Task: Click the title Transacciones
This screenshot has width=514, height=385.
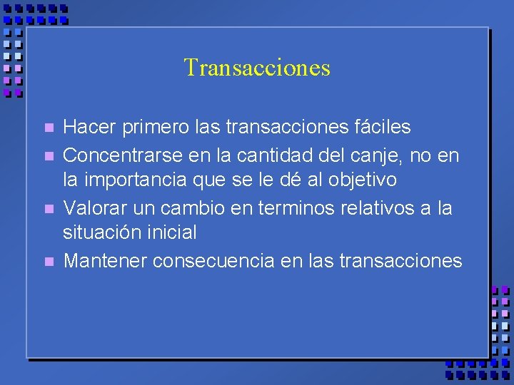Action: click(x=257, y=68)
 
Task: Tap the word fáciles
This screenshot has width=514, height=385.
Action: click(x=383, y=127)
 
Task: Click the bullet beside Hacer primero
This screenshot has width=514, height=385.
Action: click(x=49, y=129)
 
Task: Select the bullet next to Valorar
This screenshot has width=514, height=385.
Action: click(x=49, y=209)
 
